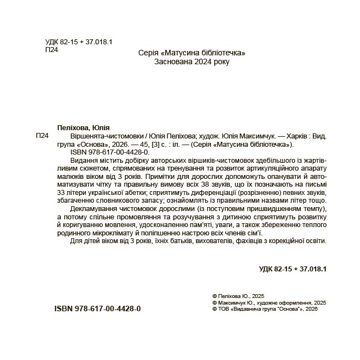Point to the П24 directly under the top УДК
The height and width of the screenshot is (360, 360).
pos(51,50)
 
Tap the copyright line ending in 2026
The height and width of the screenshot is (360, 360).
pos(265,310)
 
